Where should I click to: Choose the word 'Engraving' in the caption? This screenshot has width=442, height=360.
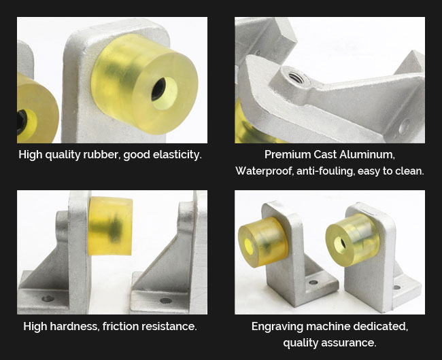tap(277, 327)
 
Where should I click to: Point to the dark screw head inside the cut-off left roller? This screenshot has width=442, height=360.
tap(22, 122)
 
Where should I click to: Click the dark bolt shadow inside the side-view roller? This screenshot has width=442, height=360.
tap(110, 228)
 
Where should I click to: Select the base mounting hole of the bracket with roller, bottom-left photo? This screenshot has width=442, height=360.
tap(48, 298)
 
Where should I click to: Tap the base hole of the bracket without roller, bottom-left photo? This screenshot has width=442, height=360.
tap(166, 301)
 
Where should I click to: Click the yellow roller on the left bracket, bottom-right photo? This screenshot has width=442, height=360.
tap(262, 242)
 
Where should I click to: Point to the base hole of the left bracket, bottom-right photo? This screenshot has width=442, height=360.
tap(313, 282)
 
